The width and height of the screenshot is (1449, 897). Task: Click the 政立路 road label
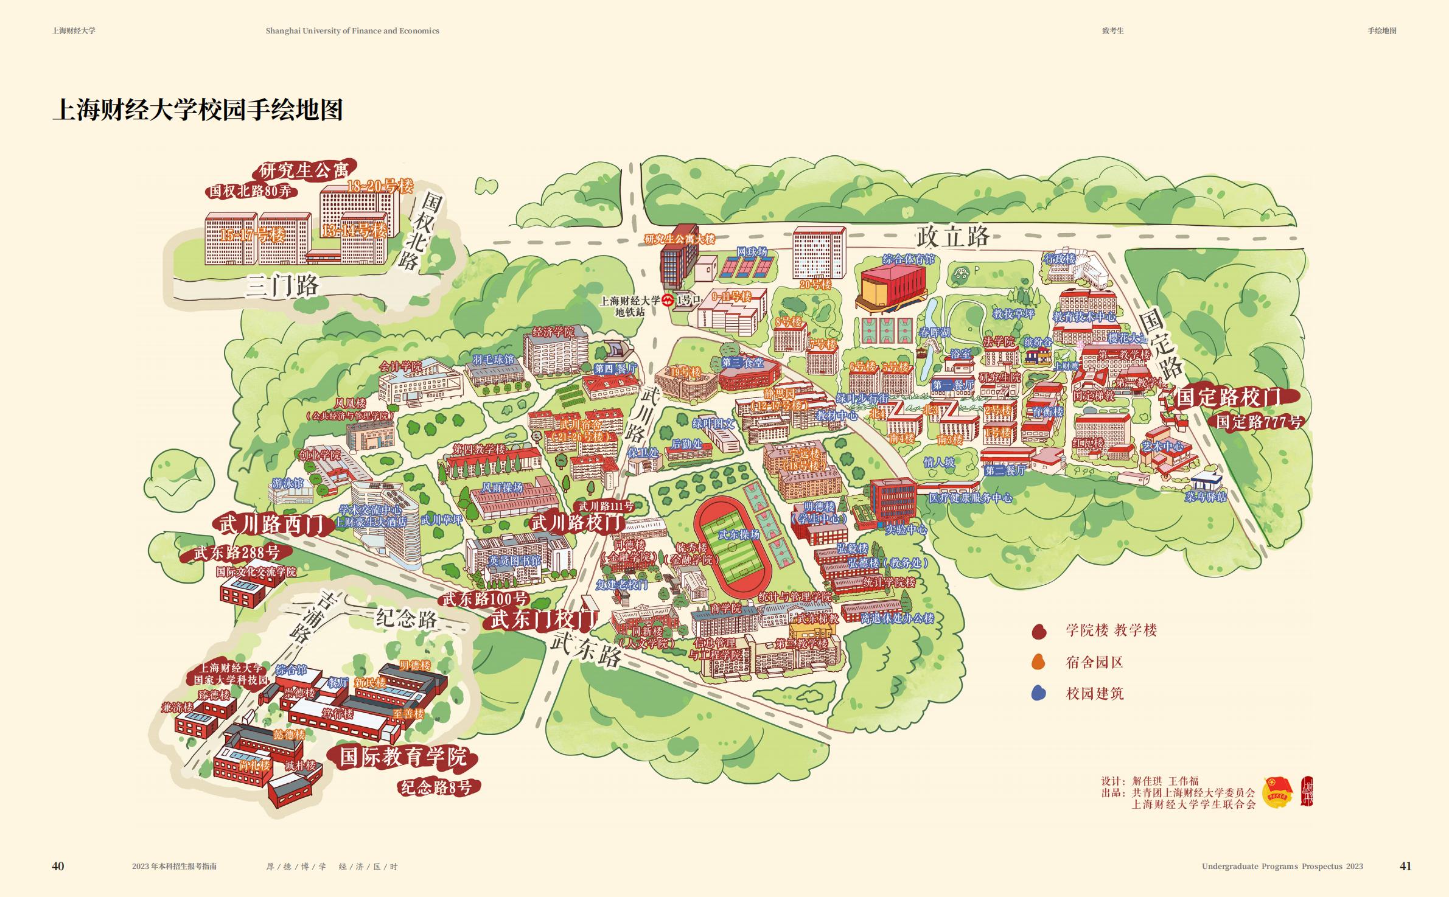pos(954,236)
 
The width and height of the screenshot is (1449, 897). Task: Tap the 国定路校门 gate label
pos(1228,397)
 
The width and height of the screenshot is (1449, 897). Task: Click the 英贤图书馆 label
pos(514,560)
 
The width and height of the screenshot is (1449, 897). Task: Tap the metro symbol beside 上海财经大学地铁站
pos(668,300)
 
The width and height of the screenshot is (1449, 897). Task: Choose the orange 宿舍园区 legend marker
pos(1038,663)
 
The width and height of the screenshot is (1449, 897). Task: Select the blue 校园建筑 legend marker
pos(1038,693)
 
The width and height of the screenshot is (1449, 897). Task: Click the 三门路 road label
pos(282,285)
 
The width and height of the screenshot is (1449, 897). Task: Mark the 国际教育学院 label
pos(403,757)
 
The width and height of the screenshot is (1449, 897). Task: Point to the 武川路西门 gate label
pos(271,524)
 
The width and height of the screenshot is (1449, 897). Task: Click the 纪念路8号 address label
pos(435,787)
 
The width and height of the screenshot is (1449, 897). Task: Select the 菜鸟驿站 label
pos(1205,497)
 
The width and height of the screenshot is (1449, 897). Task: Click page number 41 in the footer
pos(1405,866)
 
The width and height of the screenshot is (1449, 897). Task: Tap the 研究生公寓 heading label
pos(304,170)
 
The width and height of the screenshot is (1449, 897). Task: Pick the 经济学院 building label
pos(553,332)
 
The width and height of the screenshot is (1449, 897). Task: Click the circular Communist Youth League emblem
pos(1277,792)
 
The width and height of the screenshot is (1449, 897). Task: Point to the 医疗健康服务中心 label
pos(970,498)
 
